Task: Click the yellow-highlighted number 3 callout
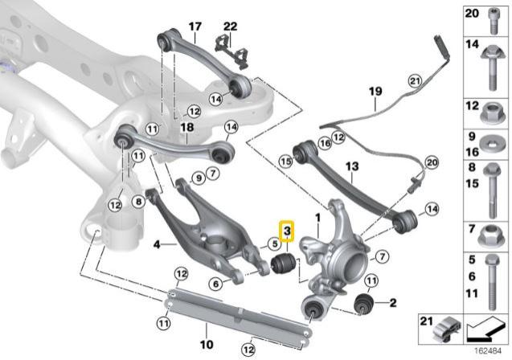(287, 231)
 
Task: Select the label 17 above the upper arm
(194, 27)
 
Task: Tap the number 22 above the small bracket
(231, 27)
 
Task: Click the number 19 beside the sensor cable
(375, 92)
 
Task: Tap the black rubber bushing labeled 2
(365, 303)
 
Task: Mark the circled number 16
(325, 143)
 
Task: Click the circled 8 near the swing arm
(139, 202)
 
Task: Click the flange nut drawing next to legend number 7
(494, 235)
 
